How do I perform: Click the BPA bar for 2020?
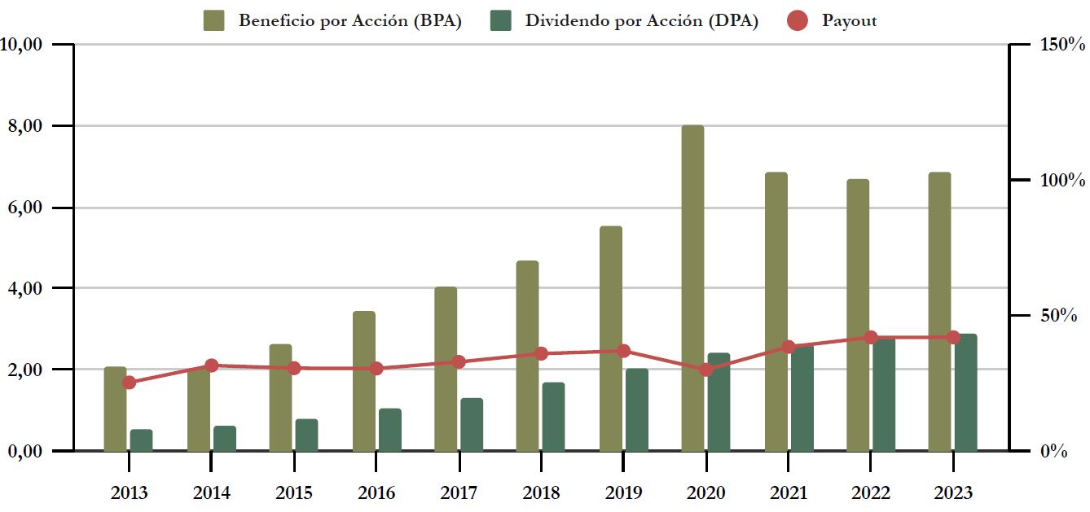[x=692, y=288]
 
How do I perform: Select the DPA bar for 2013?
[x=142, y=440]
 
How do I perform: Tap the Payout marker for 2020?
[x=706, y=370]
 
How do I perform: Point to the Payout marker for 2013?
[x=129, y=383]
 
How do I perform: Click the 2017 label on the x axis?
[x=459, y=493]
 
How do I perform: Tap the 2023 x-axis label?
[x=952, y=493]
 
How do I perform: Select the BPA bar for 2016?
[x=364, y=381]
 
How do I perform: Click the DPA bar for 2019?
[x=637, y=409]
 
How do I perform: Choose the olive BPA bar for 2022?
[x=858, y=315]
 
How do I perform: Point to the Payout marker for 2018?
[x=541, y=353]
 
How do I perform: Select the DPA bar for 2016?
[x=390, y=430]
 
